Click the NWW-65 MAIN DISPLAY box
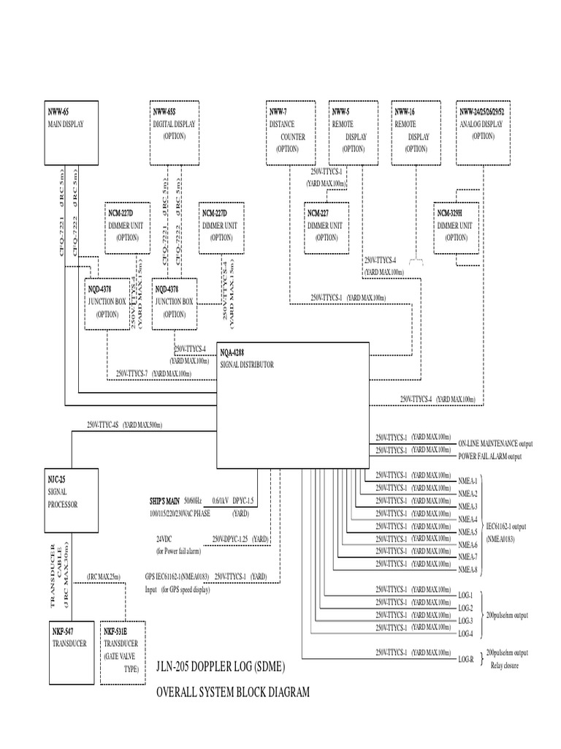coord(71,132)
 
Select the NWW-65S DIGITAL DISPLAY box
coord(175,132)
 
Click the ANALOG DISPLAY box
coord(486,132)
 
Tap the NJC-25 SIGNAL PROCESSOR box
coord(71,503)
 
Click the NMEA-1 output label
coord(467,481)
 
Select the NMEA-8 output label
coord(467,571)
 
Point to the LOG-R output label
coord(465,659)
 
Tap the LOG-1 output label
coord(465,595)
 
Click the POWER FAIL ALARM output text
coord(490,456)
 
